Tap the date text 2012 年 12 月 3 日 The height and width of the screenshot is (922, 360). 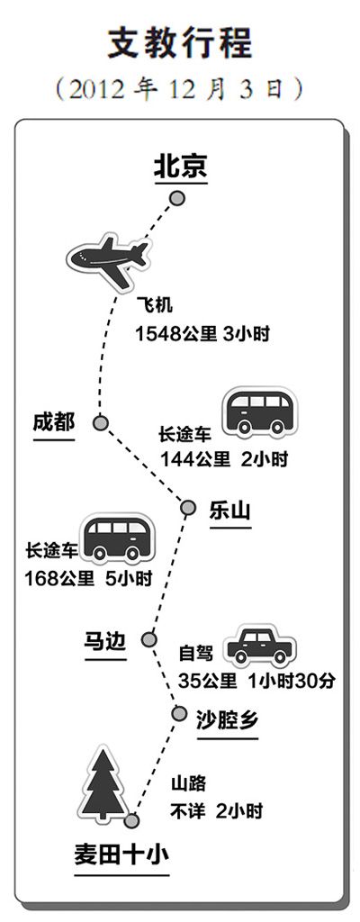click(180, 89)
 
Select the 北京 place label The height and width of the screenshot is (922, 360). click(181, 167)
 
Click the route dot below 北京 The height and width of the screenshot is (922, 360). click(177, 199)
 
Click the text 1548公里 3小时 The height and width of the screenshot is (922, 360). click(202, 334)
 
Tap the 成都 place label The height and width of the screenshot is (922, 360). click(53, 422)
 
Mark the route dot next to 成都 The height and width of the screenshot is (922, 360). click(101, 422)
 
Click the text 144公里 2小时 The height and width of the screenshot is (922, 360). click(225, 459)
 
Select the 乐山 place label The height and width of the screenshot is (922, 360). click(230, 511)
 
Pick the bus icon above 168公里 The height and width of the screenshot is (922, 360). click(118, 538)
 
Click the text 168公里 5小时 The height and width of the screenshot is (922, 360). click(88, 579)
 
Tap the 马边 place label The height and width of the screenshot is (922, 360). click(105, 641)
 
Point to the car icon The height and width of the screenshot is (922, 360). click(262, 645)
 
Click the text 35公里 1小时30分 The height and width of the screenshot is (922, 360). click(257, 681)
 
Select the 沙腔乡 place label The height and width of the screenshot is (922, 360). click(227, 718)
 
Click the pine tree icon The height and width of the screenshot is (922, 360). click(103, 785)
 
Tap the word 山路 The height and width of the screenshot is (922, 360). click(188, 783)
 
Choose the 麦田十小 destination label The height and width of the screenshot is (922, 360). click(121, 854)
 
